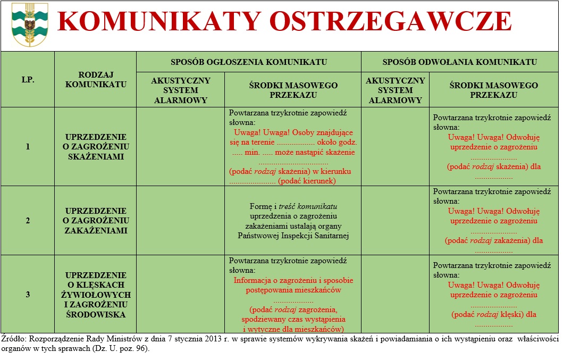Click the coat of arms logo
30,25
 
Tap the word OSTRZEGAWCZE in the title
390,22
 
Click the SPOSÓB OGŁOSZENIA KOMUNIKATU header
249,62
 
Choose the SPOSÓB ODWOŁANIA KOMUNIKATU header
459,62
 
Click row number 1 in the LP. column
28,147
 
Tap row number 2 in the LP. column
28,221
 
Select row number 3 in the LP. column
28,294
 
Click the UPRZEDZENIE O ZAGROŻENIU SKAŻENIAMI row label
96,147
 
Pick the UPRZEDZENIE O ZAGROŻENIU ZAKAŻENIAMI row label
96,221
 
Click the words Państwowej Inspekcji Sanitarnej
293,236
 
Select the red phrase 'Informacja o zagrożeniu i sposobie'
293,280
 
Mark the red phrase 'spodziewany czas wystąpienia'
293,319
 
